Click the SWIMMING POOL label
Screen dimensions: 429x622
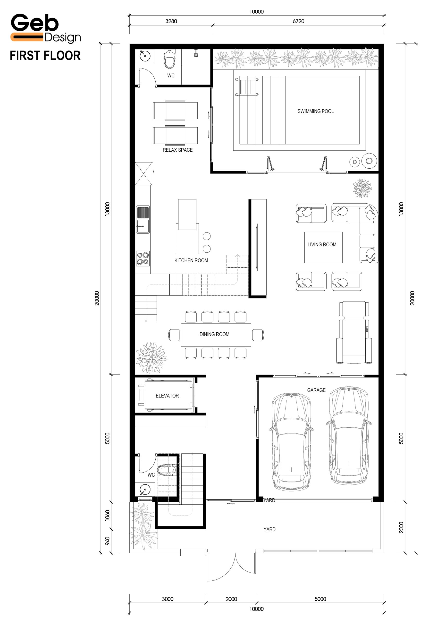316,111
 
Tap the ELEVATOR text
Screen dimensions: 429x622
167,396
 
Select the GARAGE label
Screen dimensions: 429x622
316,390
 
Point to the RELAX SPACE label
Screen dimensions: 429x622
178,150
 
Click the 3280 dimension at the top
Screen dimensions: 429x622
171,21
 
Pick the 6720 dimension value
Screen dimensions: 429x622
298,21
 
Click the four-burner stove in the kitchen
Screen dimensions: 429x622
143,258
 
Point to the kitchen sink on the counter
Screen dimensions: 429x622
143,220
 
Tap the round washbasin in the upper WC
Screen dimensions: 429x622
145,56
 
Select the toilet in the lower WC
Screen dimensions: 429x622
167,470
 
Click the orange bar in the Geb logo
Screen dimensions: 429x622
27,37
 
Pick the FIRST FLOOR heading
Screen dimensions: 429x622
45,56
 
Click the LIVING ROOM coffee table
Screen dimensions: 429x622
323,247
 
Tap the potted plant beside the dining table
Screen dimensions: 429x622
151,358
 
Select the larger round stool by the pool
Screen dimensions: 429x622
369,161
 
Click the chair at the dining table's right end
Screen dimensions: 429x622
258,335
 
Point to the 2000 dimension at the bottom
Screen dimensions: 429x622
231,599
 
